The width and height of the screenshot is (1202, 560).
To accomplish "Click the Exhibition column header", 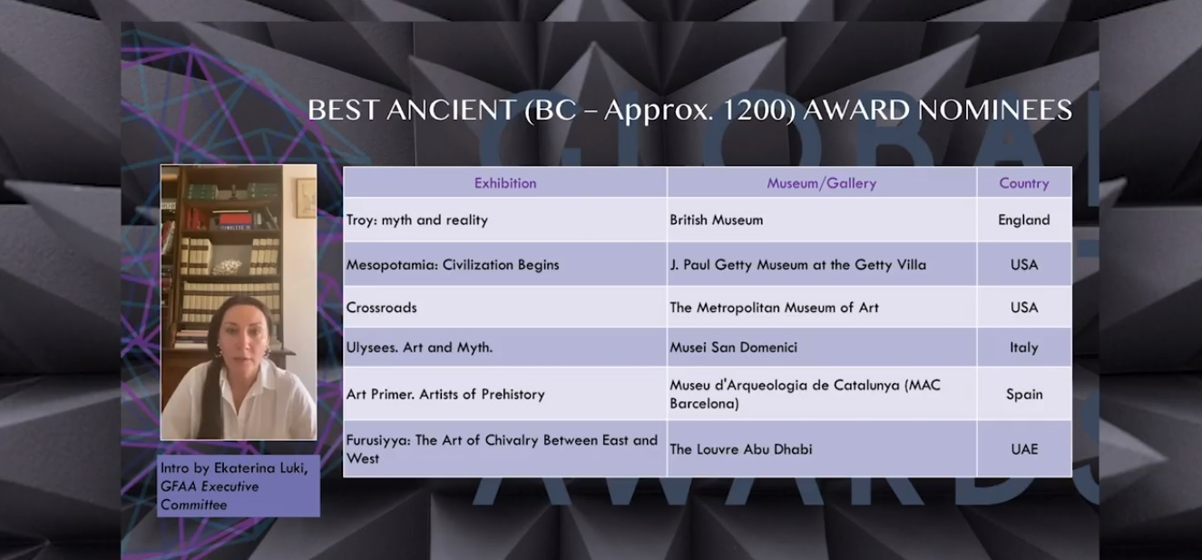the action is point(505,183).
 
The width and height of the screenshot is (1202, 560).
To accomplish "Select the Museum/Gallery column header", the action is point(822,183).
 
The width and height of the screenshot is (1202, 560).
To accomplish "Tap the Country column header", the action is point(1024,183).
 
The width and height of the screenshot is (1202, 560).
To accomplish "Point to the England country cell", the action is point(1024,221).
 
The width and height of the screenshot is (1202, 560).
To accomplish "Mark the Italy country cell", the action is point(1024,348).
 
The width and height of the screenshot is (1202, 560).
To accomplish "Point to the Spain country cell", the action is point(1024,395).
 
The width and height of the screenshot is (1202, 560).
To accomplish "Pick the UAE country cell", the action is point(1024,449).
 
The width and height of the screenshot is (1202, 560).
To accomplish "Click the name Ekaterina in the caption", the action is point(242,467).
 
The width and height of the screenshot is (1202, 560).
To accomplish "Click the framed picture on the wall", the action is point(306,198).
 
